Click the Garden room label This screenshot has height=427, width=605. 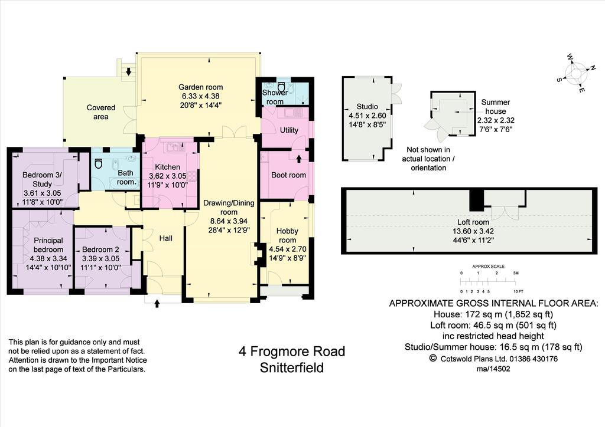click(x=200, y=87)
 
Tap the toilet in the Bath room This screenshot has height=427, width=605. click(x=99, y=163)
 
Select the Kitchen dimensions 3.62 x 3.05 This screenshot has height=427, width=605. click(x=167, y=176)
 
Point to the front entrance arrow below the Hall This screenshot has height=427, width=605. click(x=157, y=304)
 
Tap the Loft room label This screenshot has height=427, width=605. click(x=473, y=222)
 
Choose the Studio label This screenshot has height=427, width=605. click(x=367, y=107)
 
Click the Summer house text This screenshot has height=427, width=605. click(x=496, y=107)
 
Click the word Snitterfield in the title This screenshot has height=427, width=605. click(x=292, y=367)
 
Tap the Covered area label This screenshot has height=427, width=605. click(x=100, y=112)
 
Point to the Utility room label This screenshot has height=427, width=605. click(x=289, y=130)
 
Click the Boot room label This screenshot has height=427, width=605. click(x=288, y=175)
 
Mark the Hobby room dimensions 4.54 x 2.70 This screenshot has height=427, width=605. click(x=288, y=249)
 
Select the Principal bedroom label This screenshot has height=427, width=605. click(x=48, y=245)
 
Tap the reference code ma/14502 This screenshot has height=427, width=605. click(x=493, y=369)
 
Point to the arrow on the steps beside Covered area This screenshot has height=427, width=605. click(x=128, y=71)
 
